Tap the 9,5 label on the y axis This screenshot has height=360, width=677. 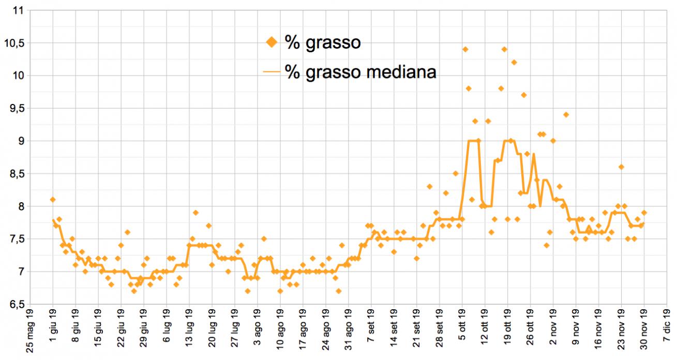(x=15, y=109)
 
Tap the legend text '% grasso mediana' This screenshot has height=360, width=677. (x=360, y=72)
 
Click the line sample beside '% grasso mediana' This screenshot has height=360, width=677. (x=272, y=72)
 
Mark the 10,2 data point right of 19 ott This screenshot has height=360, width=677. (x=514, y=63)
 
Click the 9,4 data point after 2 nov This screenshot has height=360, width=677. (x=566, y=115)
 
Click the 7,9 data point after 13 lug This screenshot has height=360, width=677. (x=195, y=213)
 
